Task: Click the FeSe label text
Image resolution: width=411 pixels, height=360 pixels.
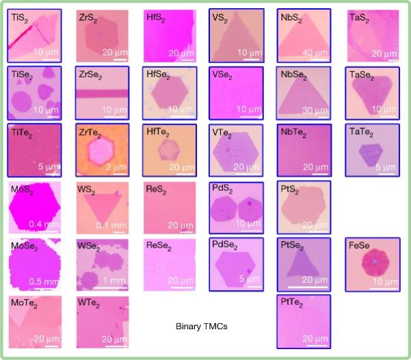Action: pos(363,245)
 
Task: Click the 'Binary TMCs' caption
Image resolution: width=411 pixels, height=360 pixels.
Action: pos(201,327)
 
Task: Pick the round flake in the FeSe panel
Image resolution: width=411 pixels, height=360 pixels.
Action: pos(375,263)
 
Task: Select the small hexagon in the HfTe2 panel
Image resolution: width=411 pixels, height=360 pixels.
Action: pos(168,150)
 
